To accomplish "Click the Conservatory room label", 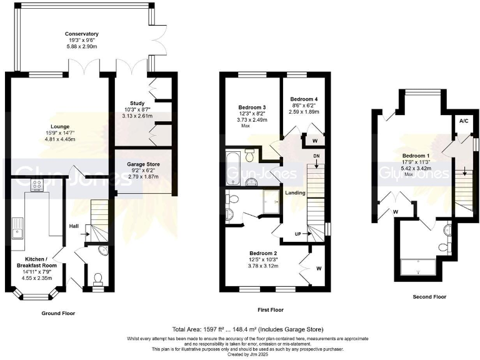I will tap(81, 34).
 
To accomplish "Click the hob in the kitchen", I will tap(36, 186).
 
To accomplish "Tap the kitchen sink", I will tap(17, 232).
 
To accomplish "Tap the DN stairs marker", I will tap(317, 156).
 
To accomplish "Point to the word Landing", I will tap(295, 193).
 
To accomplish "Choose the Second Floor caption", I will tap(417, 296).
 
